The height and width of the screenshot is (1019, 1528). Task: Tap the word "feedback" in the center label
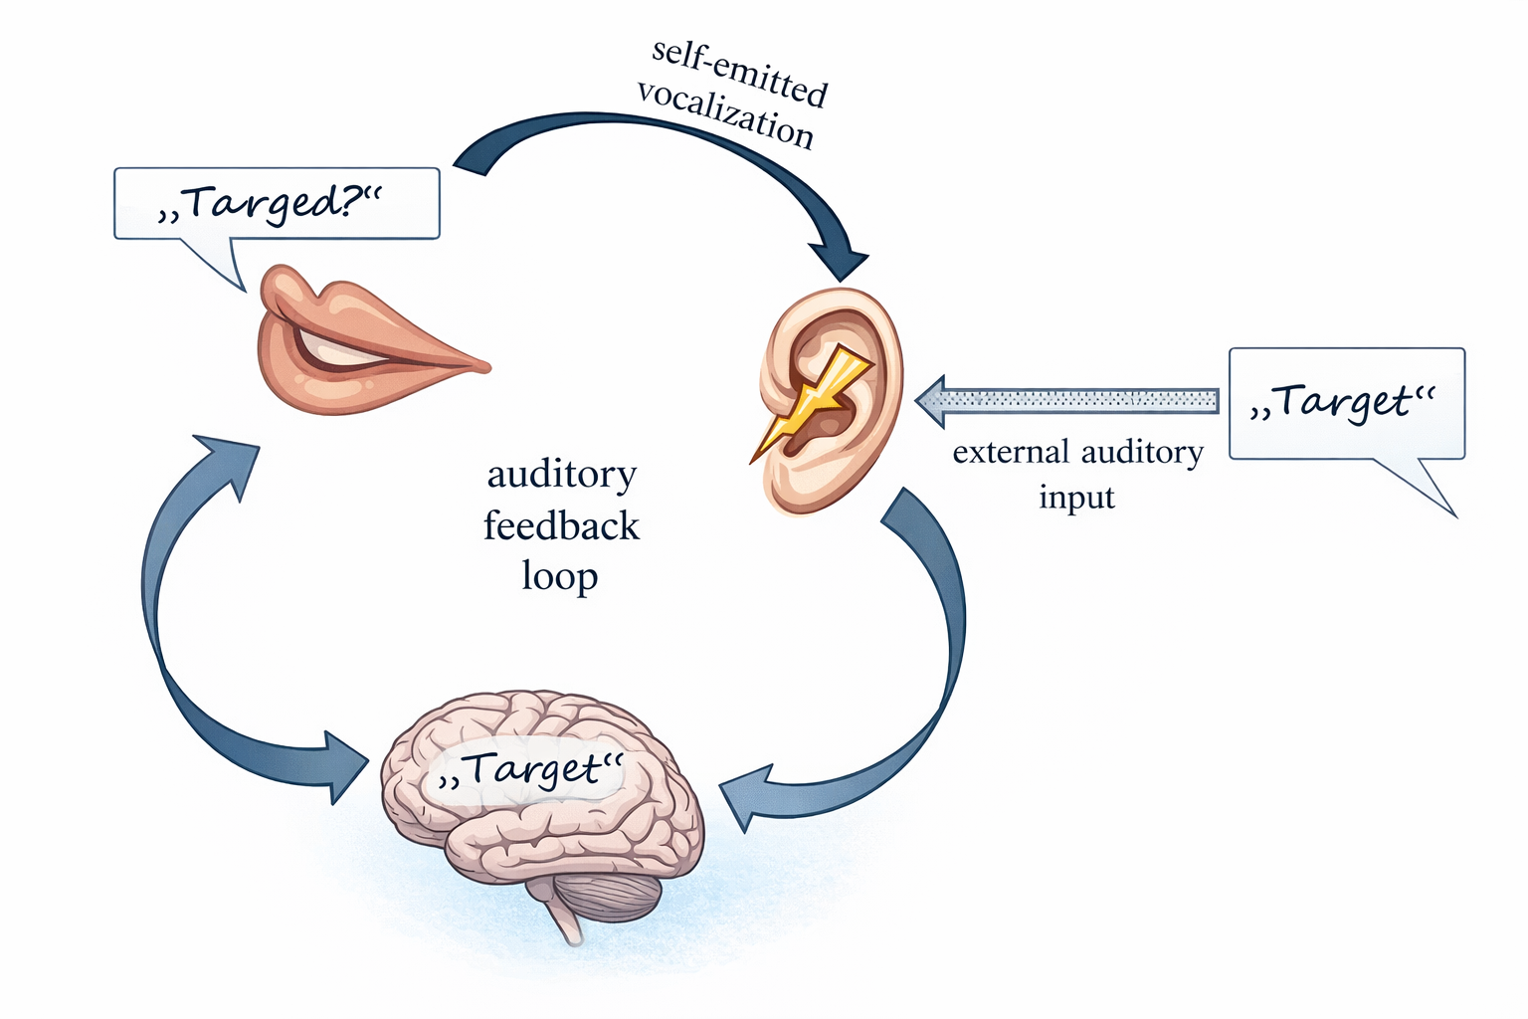[x=561, y=525]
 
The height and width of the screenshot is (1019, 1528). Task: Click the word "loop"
[x=559, y=576]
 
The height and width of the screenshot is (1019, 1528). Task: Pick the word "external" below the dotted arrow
[x=1012, y=453]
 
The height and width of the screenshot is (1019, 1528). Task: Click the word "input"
[x=1076, y=497]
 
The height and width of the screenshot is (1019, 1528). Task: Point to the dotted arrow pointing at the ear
[x=1069, y=401]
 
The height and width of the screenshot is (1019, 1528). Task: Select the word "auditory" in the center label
[x=561, y=475]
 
